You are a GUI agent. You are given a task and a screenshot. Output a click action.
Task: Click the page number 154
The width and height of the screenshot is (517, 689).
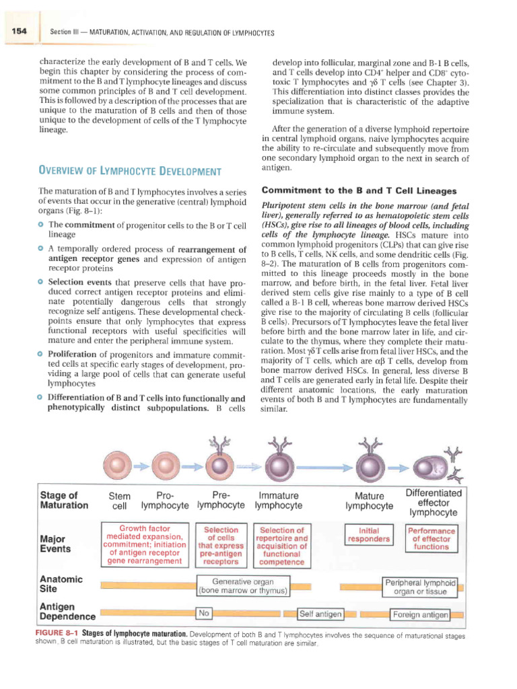click(x=14, y=32)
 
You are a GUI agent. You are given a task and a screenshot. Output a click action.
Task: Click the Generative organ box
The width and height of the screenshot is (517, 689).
click(x=242, y=586)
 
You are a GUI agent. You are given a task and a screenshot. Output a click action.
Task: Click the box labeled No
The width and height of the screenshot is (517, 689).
click(x=205, y=613)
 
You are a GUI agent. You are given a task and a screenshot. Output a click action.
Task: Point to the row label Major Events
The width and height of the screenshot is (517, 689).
click(x=58, y=543)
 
